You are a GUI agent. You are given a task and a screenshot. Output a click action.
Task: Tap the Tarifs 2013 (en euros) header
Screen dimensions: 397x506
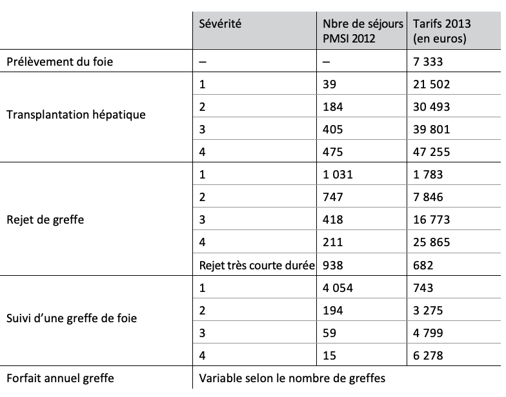click(x=442, y=31)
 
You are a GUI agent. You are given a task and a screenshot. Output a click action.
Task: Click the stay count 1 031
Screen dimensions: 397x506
click(x=338, y=175)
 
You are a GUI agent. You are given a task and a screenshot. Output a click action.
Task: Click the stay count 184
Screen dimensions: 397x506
click(x=333, y=107)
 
